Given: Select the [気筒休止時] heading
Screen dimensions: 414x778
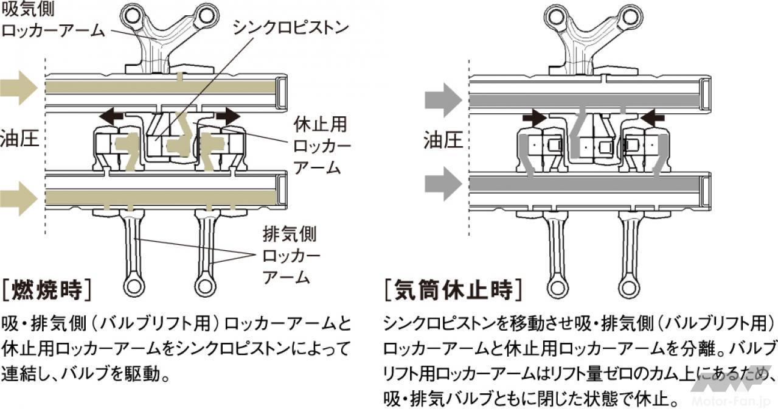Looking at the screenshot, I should point(453,290).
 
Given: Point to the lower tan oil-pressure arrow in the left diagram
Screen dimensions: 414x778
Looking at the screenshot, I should point(19,199).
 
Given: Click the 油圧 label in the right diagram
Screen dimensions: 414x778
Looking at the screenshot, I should point(442,141).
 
